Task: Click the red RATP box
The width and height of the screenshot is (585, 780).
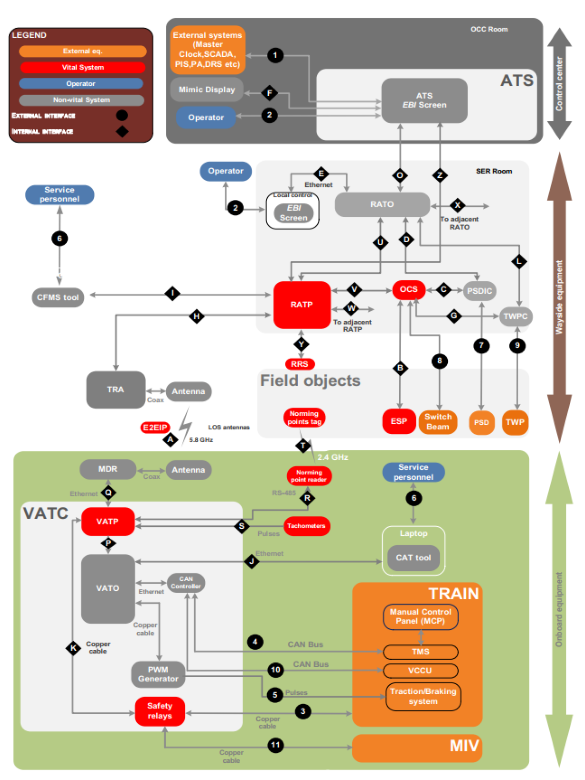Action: tap(302, 305)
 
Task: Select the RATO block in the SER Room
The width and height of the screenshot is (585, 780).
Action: tap(382, 205)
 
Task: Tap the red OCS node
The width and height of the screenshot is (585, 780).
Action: tap(408, 289)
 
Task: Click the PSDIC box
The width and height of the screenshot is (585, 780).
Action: tap(479, 291)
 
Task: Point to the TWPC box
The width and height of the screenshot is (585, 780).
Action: tap(515, 316)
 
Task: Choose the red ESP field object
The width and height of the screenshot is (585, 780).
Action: tap(399, 421)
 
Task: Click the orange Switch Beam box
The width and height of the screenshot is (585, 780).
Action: tap(437, 422)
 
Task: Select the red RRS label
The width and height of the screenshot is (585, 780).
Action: tap(300, 364)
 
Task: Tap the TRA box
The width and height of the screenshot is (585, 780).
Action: tap(115, 390)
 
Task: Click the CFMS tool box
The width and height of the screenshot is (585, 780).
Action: tap(58, 298)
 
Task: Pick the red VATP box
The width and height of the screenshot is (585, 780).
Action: tap(108, 522)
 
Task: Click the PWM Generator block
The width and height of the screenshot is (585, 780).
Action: tap(158, 674)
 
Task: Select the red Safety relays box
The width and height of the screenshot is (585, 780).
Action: tap(160, 711)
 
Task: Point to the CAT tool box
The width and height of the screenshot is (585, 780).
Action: tap(413, 558)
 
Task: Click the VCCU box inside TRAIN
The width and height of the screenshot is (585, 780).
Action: tap(420, 671)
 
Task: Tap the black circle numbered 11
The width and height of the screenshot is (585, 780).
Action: tap(276, 745)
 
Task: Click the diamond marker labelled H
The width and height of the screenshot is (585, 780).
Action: tap(196, 316)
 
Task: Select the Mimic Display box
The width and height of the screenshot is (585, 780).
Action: tap(207, 90)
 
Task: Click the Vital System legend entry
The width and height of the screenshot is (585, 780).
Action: tap(82, 67)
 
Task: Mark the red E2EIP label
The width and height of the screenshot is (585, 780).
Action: tap(155, 428)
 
